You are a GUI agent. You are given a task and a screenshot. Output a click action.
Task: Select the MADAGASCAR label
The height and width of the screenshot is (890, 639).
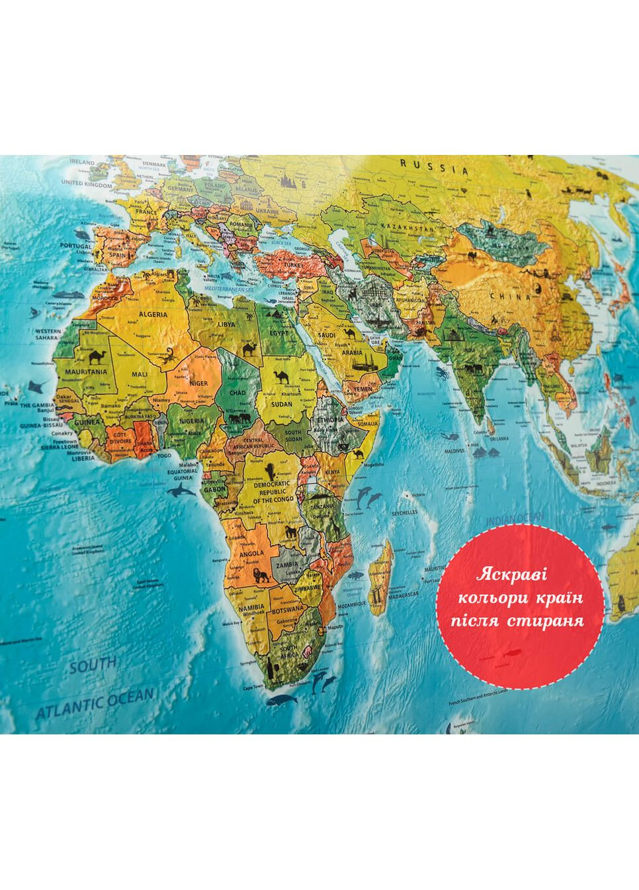[403, 595]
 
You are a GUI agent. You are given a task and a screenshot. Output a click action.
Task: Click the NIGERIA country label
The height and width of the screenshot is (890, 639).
[191, 420]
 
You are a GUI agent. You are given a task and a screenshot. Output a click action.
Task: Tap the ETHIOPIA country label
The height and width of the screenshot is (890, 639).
[330, 420]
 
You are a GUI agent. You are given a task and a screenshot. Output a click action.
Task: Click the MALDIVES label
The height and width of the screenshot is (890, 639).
[454, 450]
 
